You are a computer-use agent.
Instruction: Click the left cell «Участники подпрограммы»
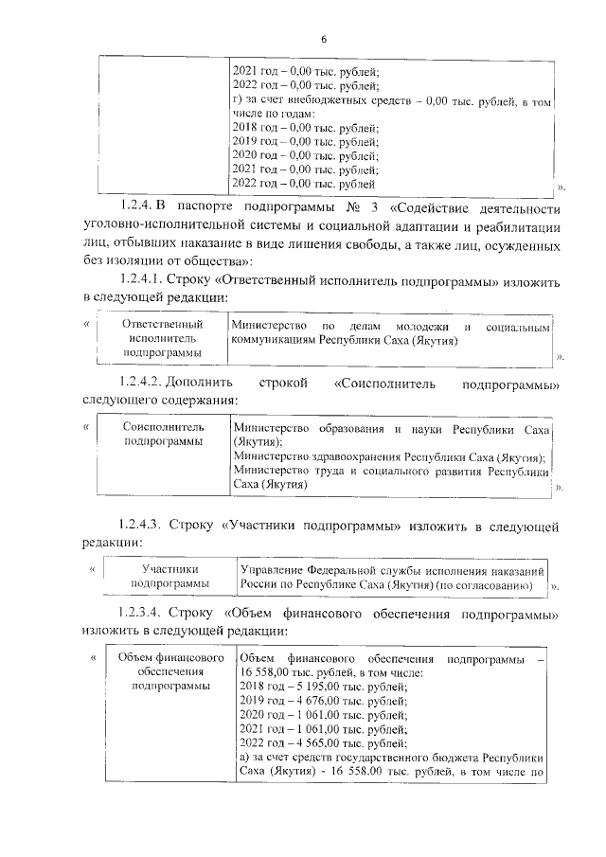(x=169, y=577)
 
